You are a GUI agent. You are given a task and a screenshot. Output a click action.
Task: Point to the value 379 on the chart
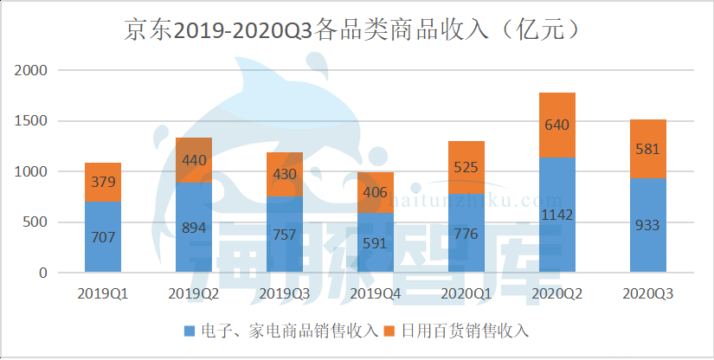[x=102, y=181]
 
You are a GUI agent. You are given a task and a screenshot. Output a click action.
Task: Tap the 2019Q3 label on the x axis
[x=284, y=294]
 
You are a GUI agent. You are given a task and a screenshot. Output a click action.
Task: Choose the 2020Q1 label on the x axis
[x=466, y=294]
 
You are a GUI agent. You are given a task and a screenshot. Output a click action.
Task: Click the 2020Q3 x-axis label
[x=647, y=294]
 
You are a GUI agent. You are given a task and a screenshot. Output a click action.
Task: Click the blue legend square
[x=190, y=331]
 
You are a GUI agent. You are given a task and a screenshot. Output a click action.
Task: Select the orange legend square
[x=388, y=331]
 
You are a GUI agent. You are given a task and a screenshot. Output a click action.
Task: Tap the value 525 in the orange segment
[x=466, y=168]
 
